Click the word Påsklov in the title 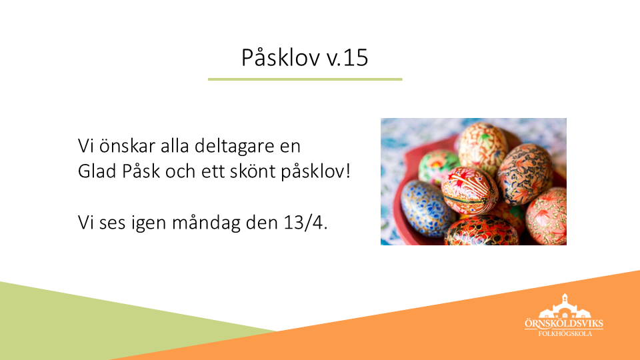[281, 58]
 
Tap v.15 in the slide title [347, 57]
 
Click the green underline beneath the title [305, 79]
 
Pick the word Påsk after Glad [141, 171]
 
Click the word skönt [253, 171]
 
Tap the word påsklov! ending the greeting [315, 172]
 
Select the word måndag [206, 223]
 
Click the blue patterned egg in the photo [425, 209]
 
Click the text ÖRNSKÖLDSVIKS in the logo [564, 324]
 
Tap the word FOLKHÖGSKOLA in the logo [565, 333]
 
